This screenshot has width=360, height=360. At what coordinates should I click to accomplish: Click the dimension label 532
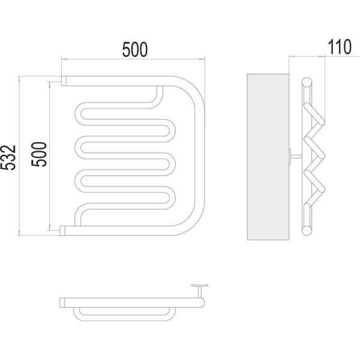(8, 157)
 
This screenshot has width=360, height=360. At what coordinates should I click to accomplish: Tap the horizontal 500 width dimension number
(135, 49)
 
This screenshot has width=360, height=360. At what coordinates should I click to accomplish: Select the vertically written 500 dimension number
(39, 154)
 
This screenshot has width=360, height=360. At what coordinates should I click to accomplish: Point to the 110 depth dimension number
(340, 47)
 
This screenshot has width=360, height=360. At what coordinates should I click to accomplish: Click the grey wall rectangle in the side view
(268, 157)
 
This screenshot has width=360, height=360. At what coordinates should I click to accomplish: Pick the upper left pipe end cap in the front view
(64, 81)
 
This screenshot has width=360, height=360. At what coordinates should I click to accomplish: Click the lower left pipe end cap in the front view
(62, 230)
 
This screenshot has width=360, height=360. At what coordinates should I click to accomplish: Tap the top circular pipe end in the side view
(307, 83)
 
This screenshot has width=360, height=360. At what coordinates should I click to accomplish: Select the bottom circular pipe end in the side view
(307, 230)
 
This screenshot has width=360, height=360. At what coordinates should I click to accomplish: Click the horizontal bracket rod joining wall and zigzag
(296, 157)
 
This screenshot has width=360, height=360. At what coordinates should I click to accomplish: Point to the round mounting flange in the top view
(200, 286)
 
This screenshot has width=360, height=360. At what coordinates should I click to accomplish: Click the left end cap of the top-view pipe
(62, 302)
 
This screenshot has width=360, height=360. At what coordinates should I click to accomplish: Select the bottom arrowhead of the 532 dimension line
(19, 233)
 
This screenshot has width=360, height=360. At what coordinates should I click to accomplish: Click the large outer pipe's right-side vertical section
(200, 155)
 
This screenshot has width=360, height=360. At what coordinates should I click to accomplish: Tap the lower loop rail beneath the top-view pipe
(124, 314)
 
